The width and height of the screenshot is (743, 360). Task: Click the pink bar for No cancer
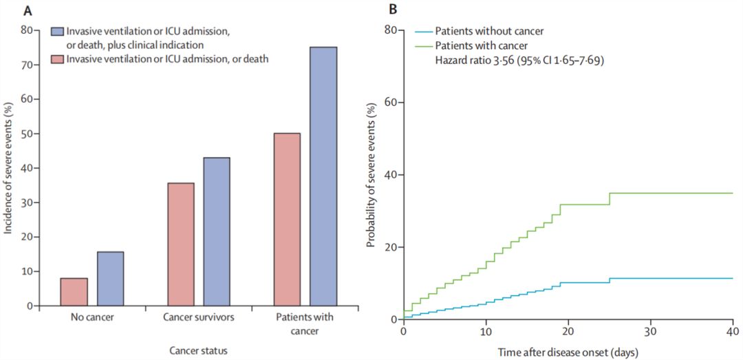tap(74, 292)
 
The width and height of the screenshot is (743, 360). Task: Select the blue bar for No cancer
tap(110, 279)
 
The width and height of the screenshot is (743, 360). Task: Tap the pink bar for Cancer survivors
tap(181, 244)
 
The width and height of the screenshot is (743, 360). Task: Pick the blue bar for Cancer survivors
tap(217, 231)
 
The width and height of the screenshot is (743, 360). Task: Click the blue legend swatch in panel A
tap(57, 32)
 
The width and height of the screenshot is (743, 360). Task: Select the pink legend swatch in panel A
tap(57, 59)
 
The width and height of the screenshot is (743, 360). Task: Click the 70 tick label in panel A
tap(26, 65)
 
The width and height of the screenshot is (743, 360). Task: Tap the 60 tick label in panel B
tap(390, 103)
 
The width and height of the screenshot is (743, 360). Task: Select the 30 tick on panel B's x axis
tap(650, 330)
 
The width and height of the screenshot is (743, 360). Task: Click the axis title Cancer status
tap(198, 350)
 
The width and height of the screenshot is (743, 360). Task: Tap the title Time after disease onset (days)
tap(568, 352)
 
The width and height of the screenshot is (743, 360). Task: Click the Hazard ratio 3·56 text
tap(519, 61)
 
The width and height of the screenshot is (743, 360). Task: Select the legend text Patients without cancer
tap(490, 31)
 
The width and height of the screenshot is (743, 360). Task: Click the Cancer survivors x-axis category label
tap(198, 318)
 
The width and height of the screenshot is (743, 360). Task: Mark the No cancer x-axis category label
tap(91, 318)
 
